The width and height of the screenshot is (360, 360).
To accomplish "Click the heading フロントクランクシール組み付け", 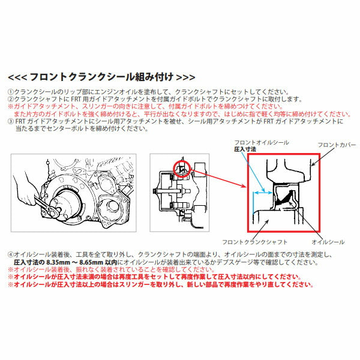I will (100, 77).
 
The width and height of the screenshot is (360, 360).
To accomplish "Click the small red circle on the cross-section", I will (181, 170).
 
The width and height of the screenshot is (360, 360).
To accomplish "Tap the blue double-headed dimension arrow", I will (260, 193).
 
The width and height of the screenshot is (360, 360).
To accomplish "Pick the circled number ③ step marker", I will (10, 120).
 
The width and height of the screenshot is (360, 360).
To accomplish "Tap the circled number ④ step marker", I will (10, 255).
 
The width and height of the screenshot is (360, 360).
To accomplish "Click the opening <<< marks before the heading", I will (16, 77).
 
